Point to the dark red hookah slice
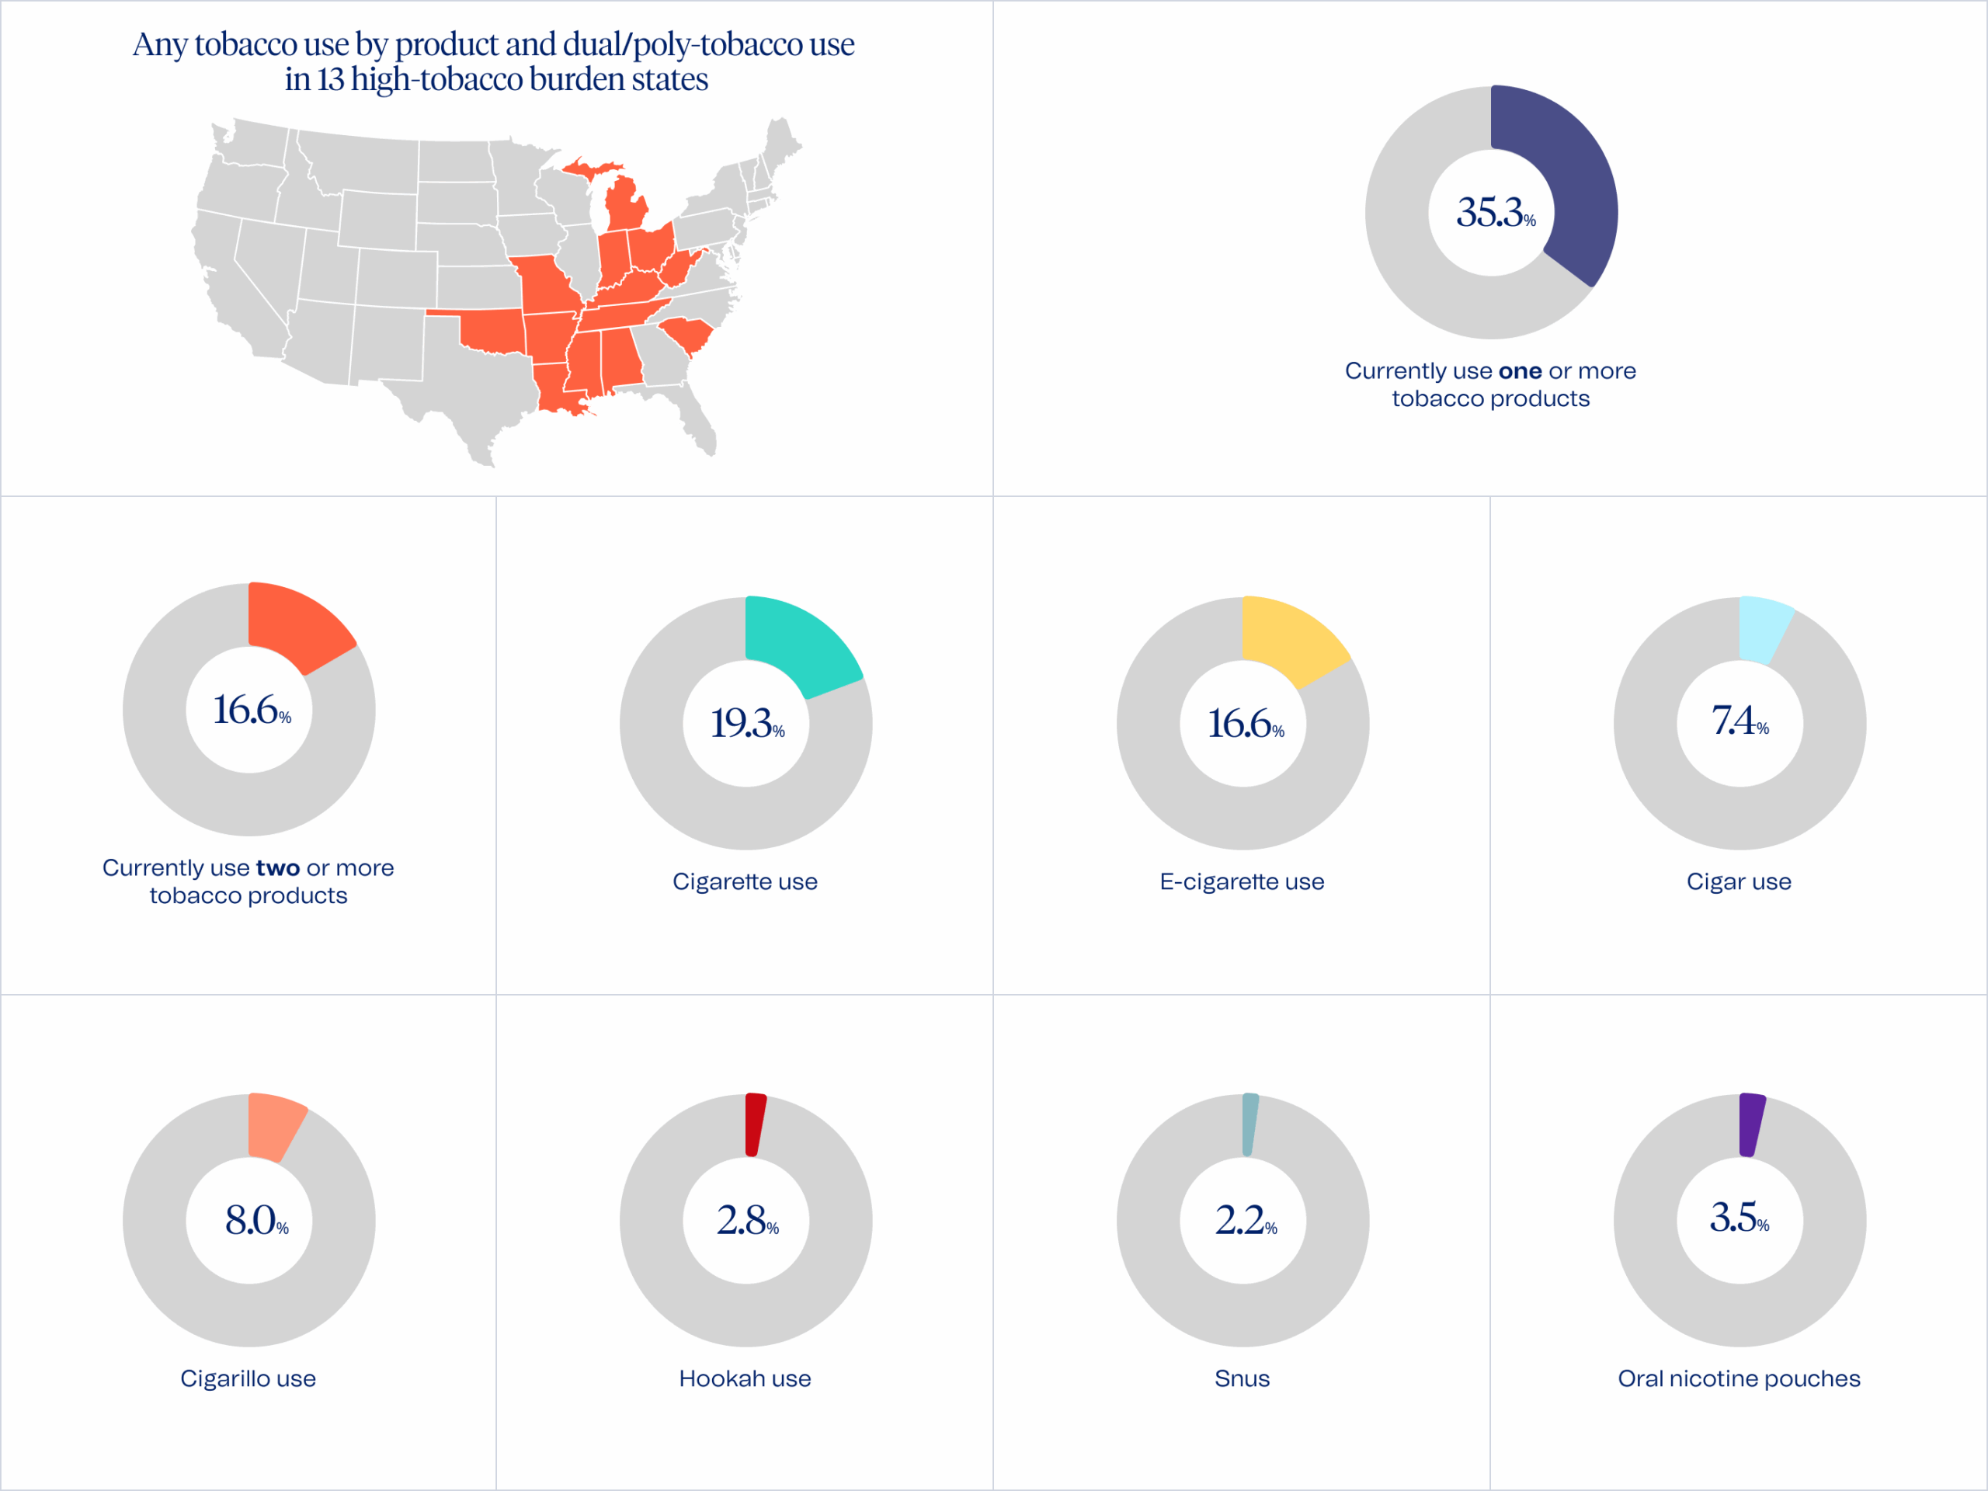click(755, 1124)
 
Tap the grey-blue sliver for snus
click(1249, 1124)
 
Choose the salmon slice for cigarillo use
click(273, 1124)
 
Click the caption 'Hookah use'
click(745, 1378)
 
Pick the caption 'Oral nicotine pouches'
click(1739, 1378)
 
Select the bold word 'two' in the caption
click(278, 868)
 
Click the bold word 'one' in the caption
click(1520, 371)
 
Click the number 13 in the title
click(330, 80)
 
